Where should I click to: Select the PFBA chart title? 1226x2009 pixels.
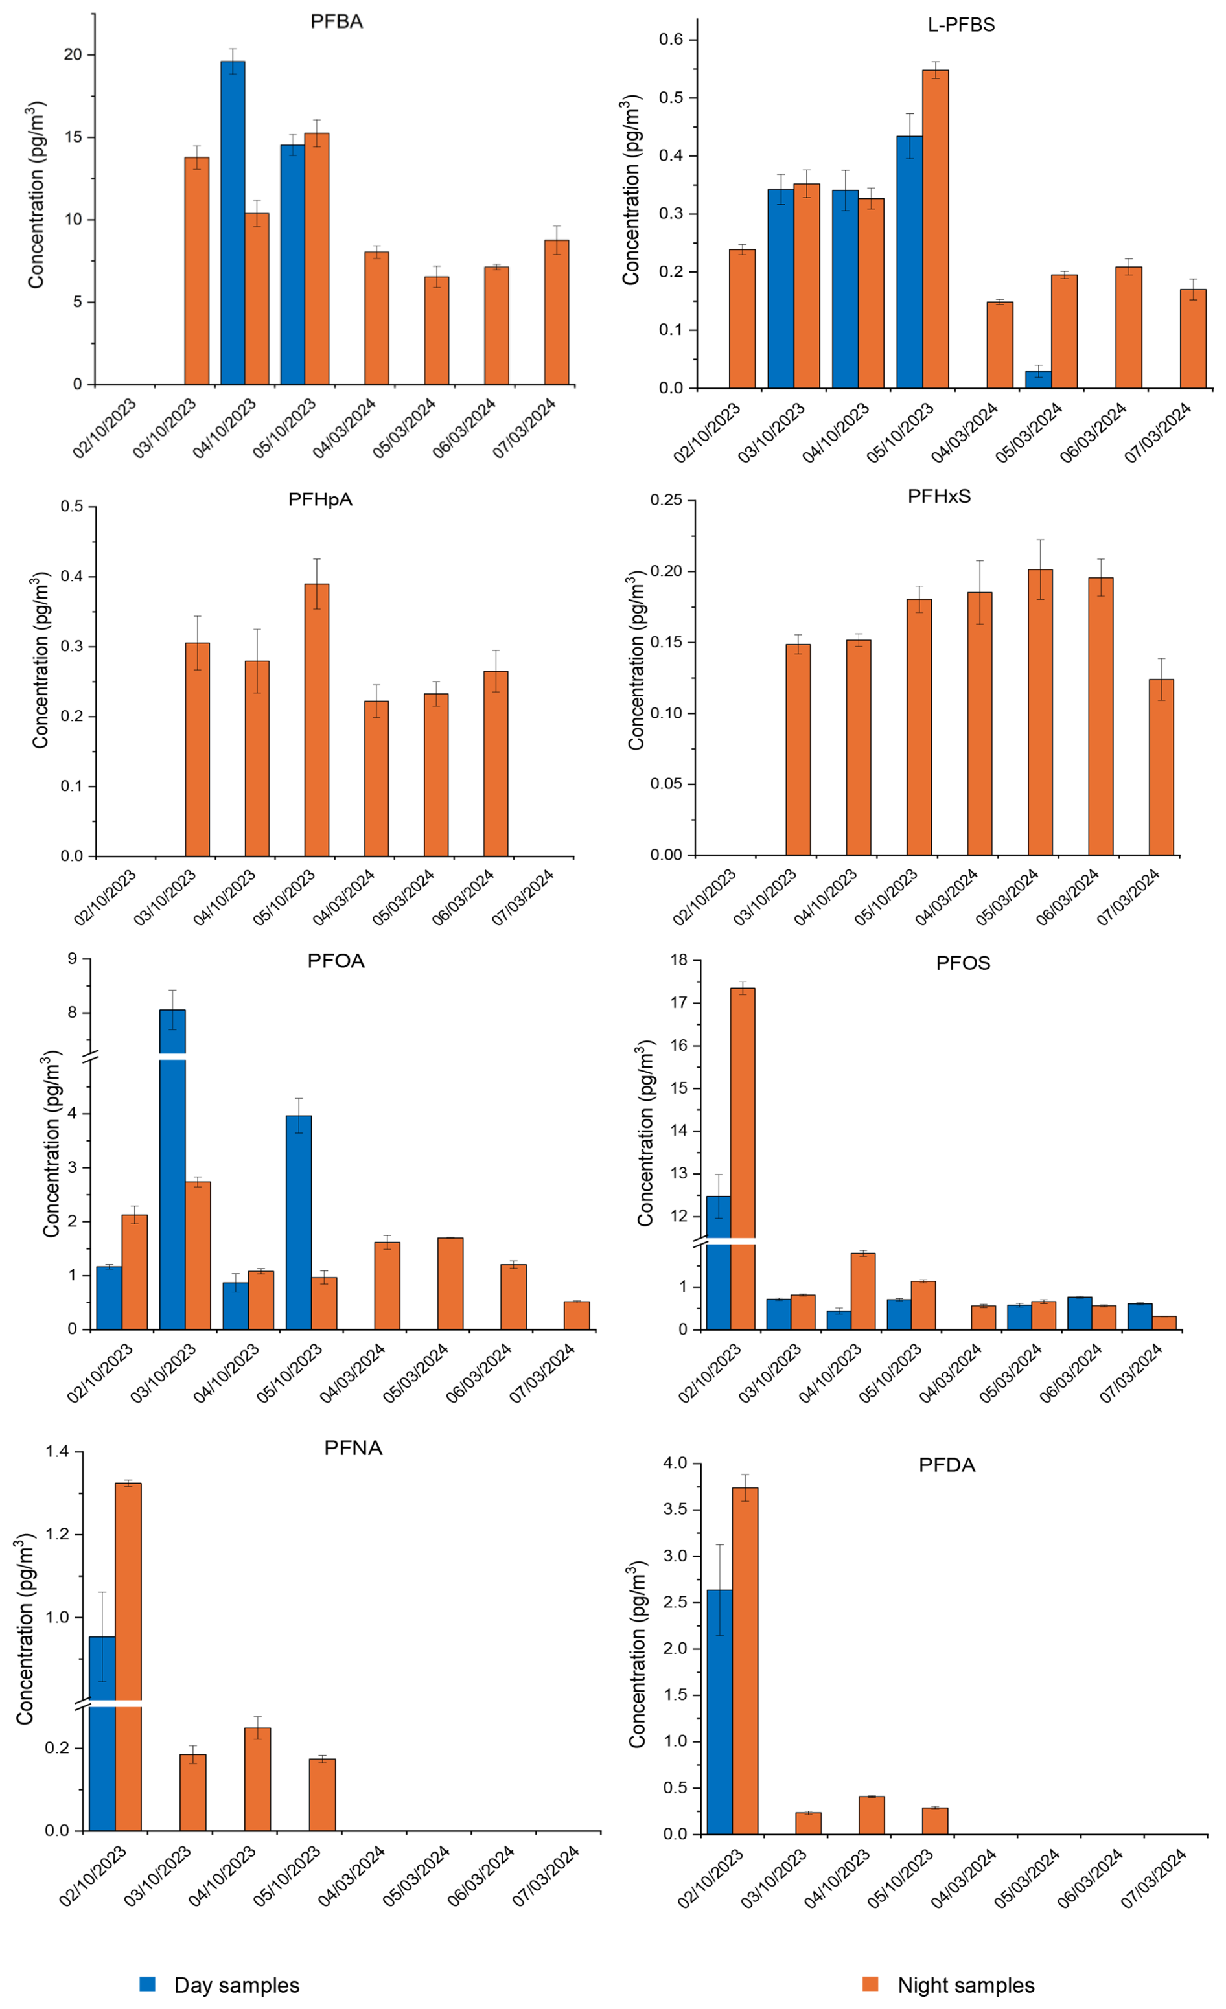click(336, 22)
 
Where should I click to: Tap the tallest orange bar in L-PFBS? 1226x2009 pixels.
click(935, 228)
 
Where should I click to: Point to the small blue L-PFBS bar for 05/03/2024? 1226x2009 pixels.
click(1037, 379)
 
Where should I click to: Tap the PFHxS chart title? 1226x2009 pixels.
click(939, 496)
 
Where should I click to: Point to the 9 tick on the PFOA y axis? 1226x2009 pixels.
click(73, 959)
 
